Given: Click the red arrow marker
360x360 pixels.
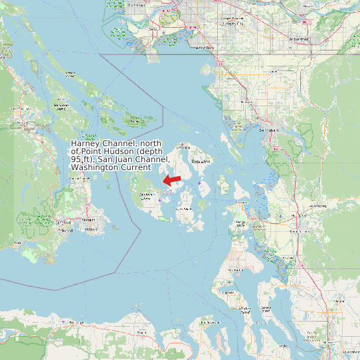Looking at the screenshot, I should coord(173,179).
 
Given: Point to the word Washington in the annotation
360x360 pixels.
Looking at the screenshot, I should coord(92,167).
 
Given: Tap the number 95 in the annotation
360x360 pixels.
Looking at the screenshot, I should coord(76,159).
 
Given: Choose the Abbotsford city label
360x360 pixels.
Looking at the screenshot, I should coord(299,39).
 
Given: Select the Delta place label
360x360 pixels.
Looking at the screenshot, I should coord(153,30).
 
